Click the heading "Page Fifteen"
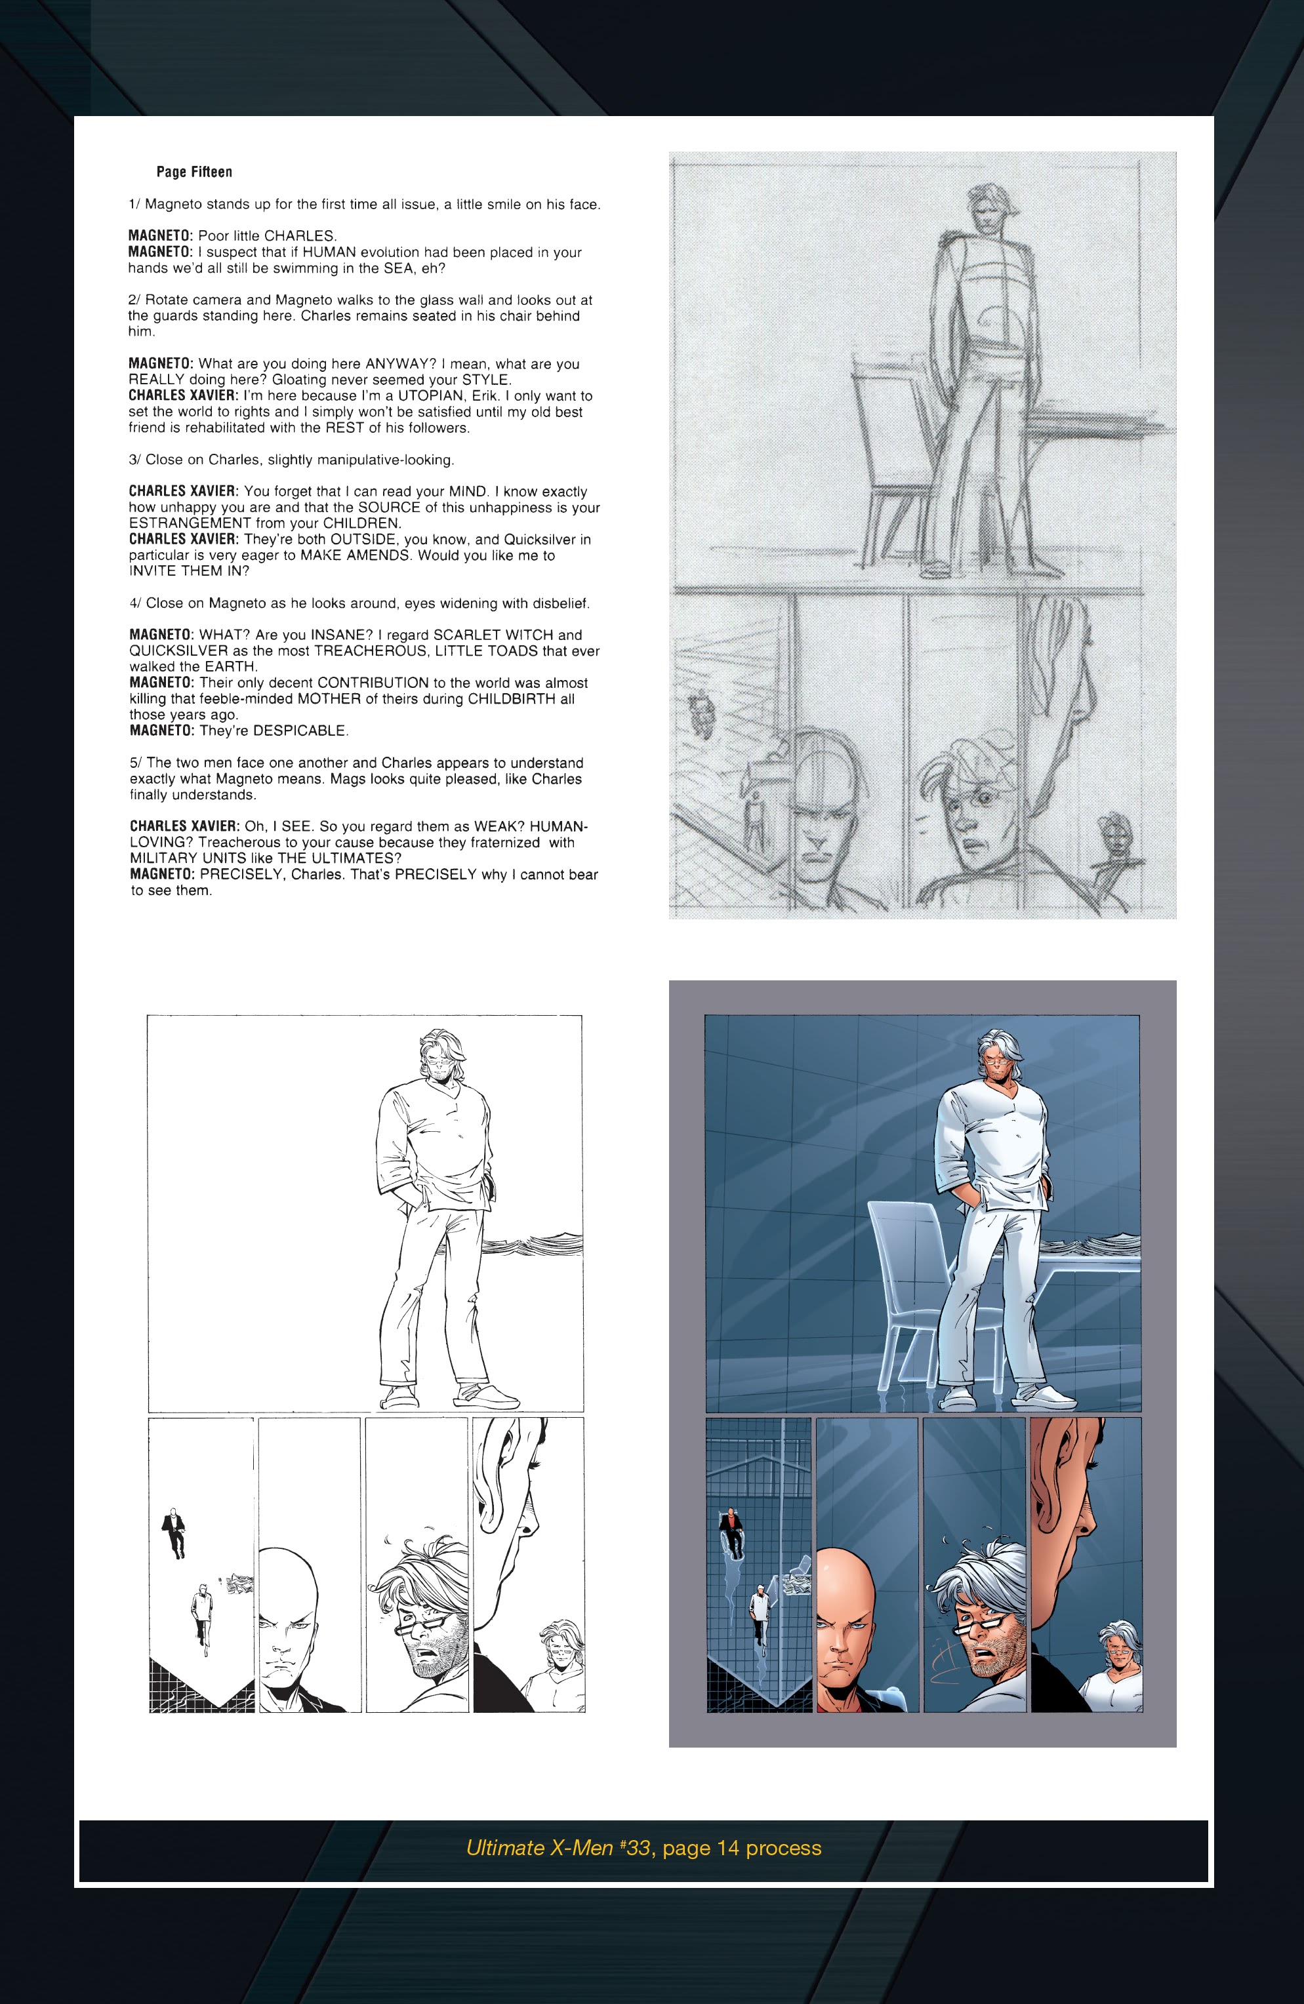pyautogui.click(x=194, y=172)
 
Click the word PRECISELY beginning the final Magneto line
pyautogui.click(x=240, y=875)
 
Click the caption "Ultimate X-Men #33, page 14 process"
pyautogui.click(x=643, y=1847)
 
